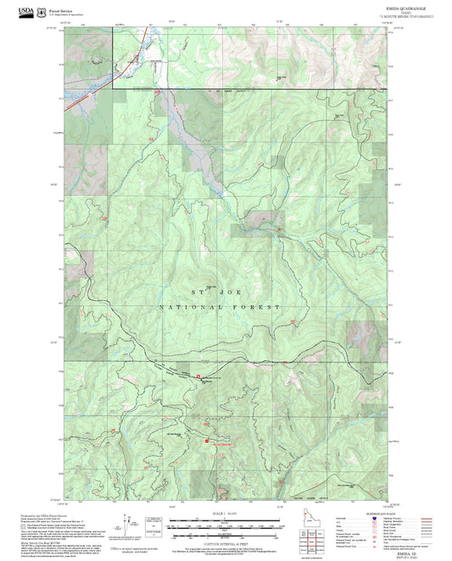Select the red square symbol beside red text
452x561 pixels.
click(x=204, y=440)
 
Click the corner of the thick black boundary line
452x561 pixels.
click(x=112, y=88)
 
